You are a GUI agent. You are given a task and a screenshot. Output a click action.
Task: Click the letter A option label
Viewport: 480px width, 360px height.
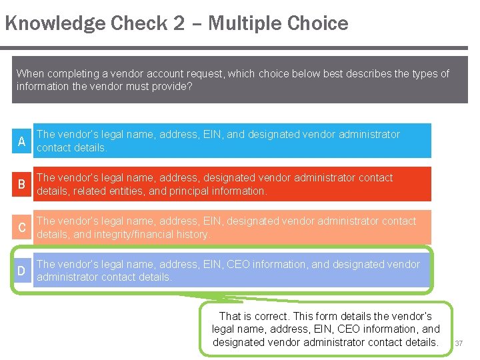(22, 141)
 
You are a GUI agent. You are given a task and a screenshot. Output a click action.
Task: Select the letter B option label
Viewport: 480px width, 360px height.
(22, 185)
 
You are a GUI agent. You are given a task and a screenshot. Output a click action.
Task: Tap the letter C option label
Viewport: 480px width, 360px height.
(22, 228)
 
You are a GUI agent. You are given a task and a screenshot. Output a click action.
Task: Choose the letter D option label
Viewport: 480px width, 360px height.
(22, 271)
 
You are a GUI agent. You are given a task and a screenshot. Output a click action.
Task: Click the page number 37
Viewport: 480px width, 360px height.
(459, 343)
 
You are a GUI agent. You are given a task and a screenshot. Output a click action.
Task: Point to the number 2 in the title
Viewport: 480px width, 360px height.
(179, 24)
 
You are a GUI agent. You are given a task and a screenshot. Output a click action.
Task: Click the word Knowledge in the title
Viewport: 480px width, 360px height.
(55, 24)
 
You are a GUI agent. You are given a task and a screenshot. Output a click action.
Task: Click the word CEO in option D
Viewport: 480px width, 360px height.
(239, 264)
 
